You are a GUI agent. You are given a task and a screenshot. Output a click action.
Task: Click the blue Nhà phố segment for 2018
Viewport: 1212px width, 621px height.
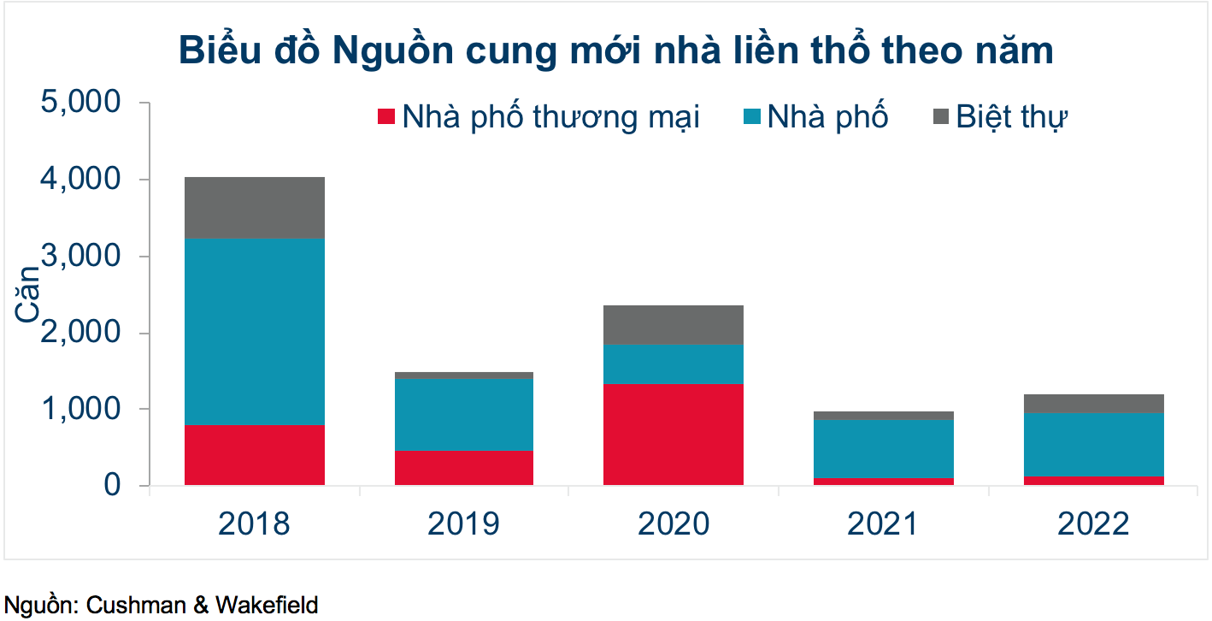254,332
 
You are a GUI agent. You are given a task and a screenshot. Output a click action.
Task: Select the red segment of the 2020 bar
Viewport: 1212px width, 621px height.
673,435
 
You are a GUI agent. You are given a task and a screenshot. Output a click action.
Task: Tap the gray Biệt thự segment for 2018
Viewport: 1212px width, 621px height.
254,208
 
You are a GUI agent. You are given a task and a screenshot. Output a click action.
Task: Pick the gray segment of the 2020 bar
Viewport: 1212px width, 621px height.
673,325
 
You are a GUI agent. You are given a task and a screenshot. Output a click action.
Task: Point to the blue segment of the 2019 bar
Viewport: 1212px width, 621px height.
463,415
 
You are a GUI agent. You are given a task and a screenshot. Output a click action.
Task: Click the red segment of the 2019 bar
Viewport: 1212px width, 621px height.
463,468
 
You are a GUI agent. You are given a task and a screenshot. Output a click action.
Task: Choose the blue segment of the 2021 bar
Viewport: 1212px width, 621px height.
883,449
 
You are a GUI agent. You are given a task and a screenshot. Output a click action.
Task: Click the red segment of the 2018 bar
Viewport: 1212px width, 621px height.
254,455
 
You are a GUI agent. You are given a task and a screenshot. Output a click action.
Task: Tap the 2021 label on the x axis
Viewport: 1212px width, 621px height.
883,523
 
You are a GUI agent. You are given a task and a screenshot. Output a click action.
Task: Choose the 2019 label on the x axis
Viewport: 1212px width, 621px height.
463,523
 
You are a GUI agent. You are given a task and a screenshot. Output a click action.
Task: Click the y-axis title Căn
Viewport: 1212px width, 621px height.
27,294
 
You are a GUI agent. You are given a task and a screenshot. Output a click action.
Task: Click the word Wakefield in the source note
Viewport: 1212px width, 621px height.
266,606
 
